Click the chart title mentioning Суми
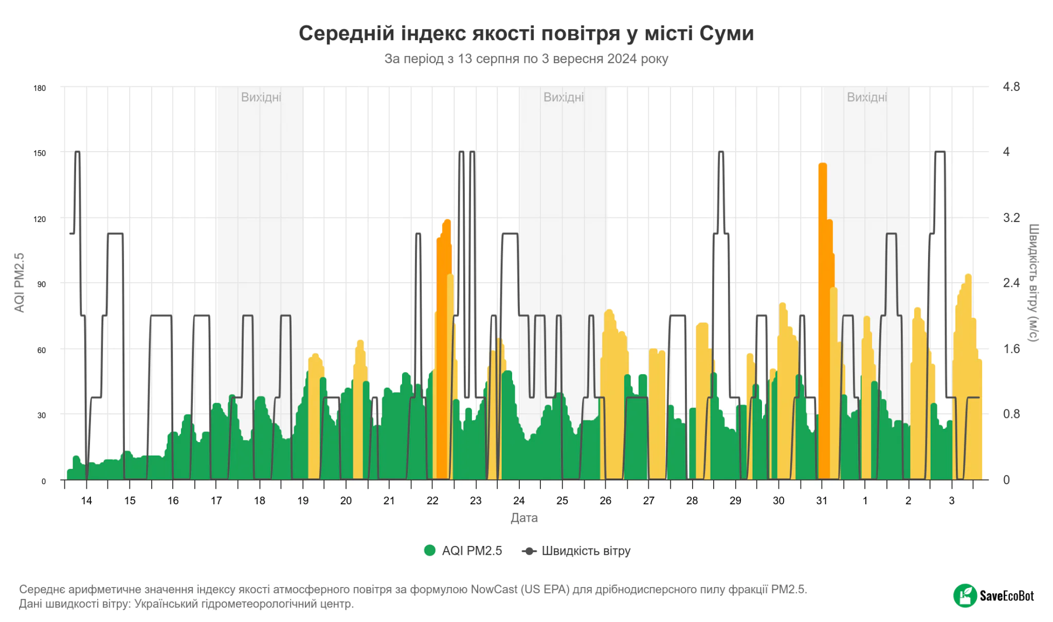[x=526, y=33]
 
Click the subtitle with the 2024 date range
[x=526, y=59]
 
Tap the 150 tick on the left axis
[x=40, y=153]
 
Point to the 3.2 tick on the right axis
[x=1011, y=218]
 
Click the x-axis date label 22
[x=432, y=501]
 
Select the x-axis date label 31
[x=822, y=501]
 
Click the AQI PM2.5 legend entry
[x=463, y=551]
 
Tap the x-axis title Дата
[x=524, y=518]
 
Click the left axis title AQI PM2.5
[x=20, y=283]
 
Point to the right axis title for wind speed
[x=1033, y=283]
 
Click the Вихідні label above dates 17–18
[x=261, y=97]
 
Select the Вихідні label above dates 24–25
[x=564, y=97]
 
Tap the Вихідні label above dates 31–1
[x=867, y=97]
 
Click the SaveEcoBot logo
[x=993, y=596]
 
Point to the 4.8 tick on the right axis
[x=1011, y=87]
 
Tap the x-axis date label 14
[x=86, y=501]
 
